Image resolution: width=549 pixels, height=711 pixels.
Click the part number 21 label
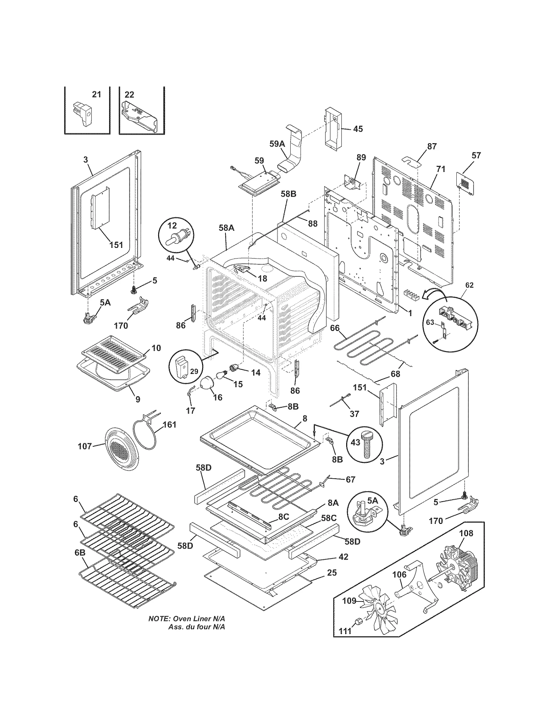coord(97,94)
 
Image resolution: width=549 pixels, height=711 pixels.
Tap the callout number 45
coord(358,129)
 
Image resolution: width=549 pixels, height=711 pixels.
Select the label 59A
coord(277,144)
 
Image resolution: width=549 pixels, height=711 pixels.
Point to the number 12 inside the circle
coord(172,226)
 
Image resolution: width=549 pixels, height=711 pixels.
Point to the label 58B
coord(288,194)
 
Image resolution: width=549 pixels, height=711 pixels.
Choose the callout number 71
coord(441,169)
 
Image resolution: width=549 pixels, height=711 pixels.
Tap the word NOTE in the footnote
coord(159,619)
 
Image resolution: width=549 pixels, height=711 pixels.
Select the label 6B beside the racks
coord(80,553)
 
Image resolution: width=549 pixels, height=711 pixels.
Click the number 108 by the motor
coord(466,533)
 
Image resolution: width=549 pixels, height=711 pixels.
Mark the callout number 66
coord(335,328)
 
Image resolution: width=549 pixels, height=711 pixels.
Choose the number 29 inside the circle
coord(194,371)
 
